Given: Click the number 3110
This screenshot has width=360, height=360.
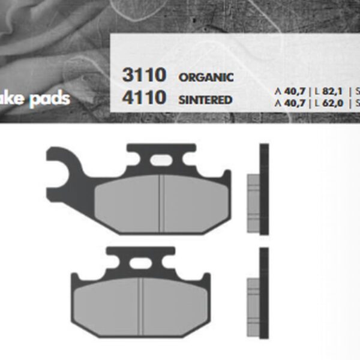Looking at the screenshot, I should [144, 76].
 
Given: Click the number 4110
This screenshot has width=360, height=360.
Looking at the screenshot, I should [144, 97].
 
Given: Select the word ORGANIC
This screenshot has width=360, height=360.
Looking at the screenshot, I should [206, 78].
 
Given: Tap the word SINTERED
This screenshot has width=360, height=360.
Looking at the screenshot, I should [205, 99].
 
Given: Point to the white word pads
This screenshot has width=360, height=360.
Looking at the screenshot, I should [51, 98].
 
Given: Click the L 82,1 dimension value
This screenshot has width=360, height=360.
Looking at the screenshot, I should [328, 91].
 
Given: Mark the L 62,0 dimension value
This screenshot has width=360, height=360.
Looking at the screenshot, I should [328, 103].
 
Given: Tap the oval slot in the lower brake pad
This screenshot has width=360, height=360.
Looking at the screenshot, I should [139, 263].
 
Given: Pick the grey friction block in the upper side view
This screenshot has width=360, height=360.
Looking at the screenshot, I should [253, 203].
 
